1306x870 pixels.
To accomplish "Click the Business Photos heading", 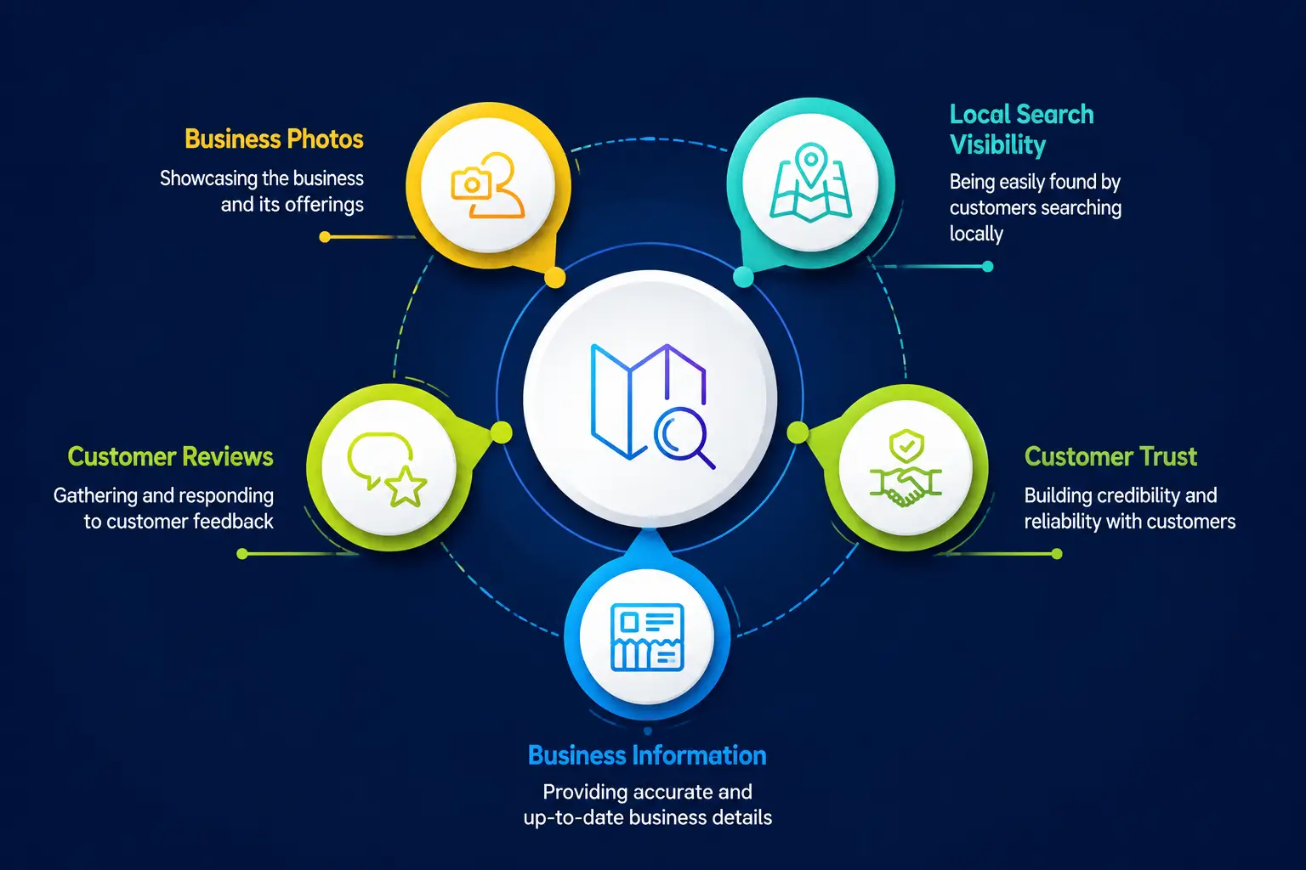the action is tap(274, 139).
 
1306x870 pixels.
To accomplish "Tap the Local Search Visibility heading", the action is tap(1021, 129).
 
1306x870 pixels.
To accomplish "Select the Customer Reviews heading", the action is tap(170, 456).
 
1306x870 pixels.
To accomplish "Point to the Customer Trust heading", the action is tap(1110, 456).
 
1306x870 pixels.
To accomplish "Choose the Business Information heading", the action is tap(647, 755).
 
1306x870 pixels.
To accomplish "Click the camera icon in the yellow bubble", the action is tap(471, 184).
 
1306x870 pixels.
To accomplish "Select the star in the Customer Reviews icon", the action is tap(406, 486).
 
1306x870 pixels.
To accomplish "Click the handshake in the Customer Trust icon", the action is tap(906, 486).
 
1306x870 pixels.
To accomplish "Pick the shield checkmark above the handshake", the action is tap(906, 446).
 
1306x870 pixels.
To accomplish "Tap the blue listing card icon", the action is tap(647, 637).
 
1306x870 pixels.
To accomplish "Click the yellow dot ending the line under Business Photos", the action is tap(325, 236).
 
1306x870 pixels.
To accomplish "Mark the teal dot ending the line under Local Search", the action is tap(988, 267).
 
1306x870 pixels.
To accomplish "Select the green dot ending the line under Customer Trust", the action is tap(1057, 554).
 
